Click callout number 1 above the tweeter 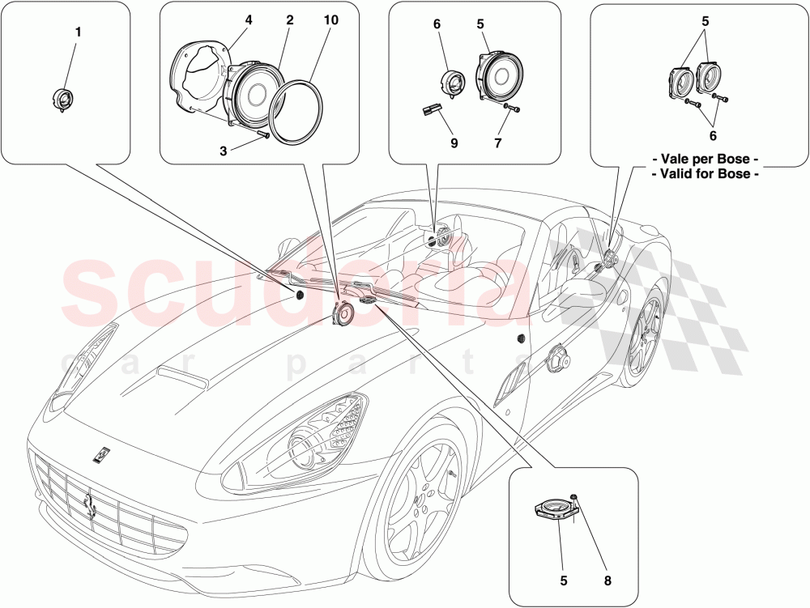click(78, 32)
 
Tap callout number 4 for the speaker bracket click(249, 19)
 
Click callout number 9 click(454, 142)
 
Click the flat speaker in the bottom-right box click(554, 508)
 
